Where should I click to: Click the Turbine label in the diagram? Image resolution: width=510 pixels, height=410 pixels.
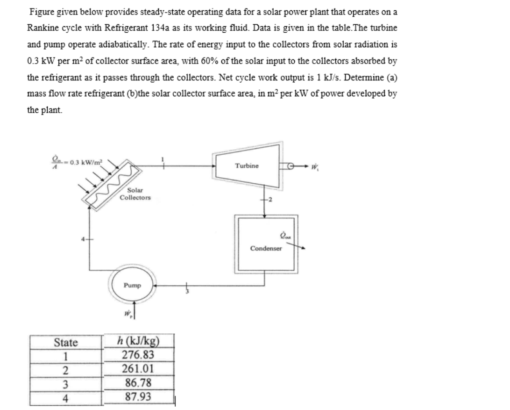tap(246, 166)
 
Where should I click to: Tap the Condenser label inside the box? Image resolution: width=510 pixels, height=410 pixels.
tap(266, 248)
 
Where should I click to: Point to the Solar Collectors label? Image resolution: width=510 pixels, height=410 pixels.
tap(135, 194)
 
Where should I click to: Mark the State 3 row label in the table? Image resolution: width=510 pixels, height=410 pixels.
tap(66, 384)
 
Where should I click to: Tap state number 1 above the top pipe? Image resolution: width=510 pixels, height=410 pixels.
tap(163, 158)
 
